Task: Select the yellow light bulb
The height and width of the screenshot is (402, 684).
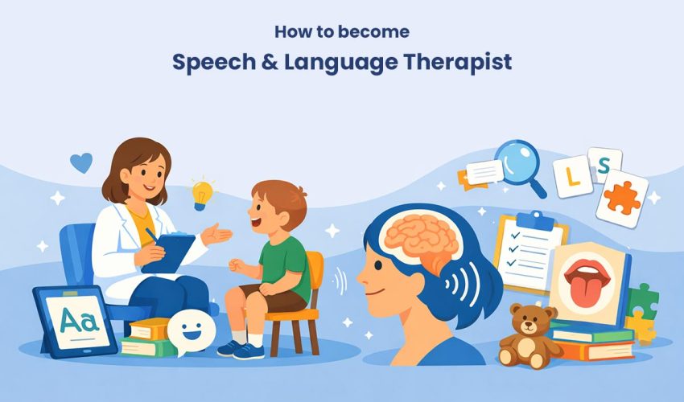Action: [202, 194]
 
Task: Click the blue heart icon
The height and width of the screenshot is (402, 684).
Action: [80, 163]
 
